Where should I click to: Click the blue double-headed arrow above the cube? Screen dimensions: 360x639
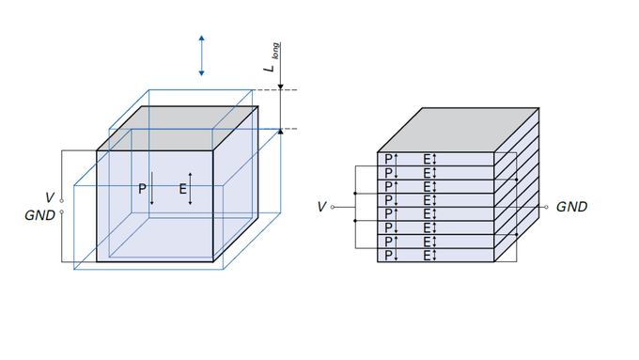(201, 55)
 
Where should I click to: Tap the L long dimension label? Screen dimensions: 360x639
(271, 58)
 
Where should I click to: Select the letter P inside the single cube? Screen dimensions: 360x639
(142, 189)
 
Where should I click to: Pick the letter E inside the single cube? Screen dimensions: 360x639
(182, 189)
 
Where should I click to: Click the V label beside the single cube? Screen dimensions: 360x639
(49, 197)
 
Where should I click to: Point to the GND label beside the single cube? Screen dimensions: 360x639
(41, 214)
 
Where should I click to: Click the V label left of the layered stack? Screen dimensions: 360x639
(321, 207)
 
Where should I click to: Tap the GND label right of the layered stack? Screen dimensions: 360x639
(571, 207)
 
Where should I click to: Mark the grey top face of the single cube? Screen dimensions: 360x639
(179, 129)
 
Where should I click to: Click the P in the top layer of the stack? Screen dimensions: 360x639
(387, 159)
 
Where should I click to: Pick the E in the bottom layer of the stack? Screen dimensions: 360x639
(427, 255)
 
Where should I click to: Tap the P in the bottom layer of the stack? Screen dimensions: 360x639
(387, 255)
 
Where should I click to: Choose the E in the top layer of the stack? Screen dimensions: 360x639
(427, 159)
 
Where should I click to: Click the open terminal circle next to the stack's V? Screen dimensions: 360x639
(334, 207)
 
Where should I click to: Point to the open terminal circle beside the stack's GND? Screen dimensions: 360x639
(545, 207)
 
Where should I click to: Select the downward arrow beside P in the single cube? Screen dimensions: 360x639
(151, 192)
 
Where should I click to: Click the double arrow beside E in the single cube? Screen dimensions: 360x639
(192, 189)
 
